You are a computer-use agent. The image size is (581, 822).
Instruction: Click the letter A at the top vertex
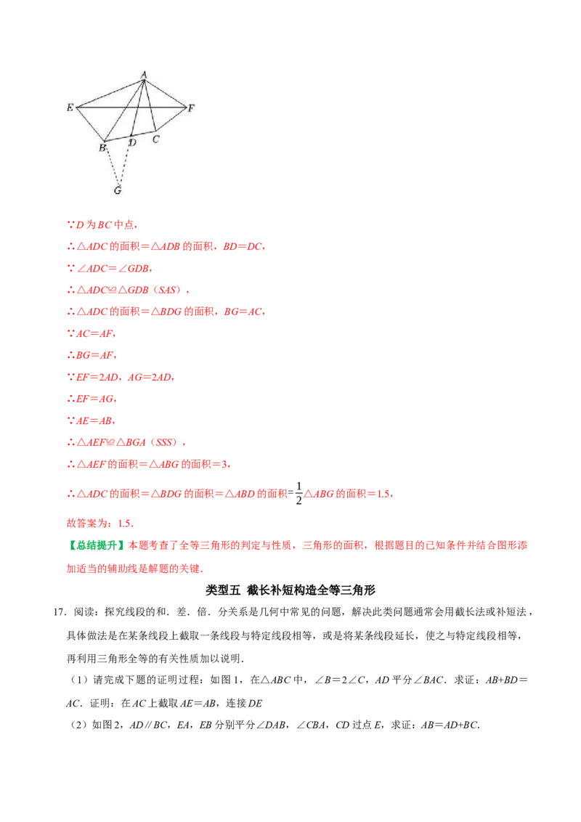pyautogui.click(x=144, y=74)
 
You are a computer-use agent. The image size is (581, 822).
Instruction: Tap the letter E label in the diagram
pyautogui.click(x=70, y=107)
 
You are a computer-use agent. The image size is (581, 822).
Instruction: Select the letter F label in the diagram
pyautogui.click(x=191, y=108)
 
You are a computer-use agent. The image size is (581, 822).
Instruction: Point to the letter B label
pyautogui.click(x=102, y=148)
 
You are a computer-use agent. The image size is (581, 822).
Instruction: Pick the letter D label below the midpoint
pyautogui.click(x=132, y=143)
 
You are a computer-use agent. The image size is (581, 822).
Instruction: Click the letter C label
pyautogui.click(x=155, y=139)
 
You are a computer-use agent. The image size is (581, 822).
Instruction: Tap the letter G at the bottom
pyautogui.click(x=117, y=191)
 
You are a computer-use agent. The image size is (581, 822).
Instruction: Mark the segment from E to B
pyautogui.click(x=91, y=124)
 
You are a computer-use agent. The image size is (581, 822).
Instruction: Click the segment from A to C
pyautogui.click(x=150, y=105)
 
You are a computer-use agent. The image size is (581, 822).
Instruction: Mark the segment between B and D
pyautogui.click(x=118, y=138)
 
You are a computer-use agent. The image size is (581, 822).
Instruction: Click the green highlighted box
pyautogui.click(x=98, y=545)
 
